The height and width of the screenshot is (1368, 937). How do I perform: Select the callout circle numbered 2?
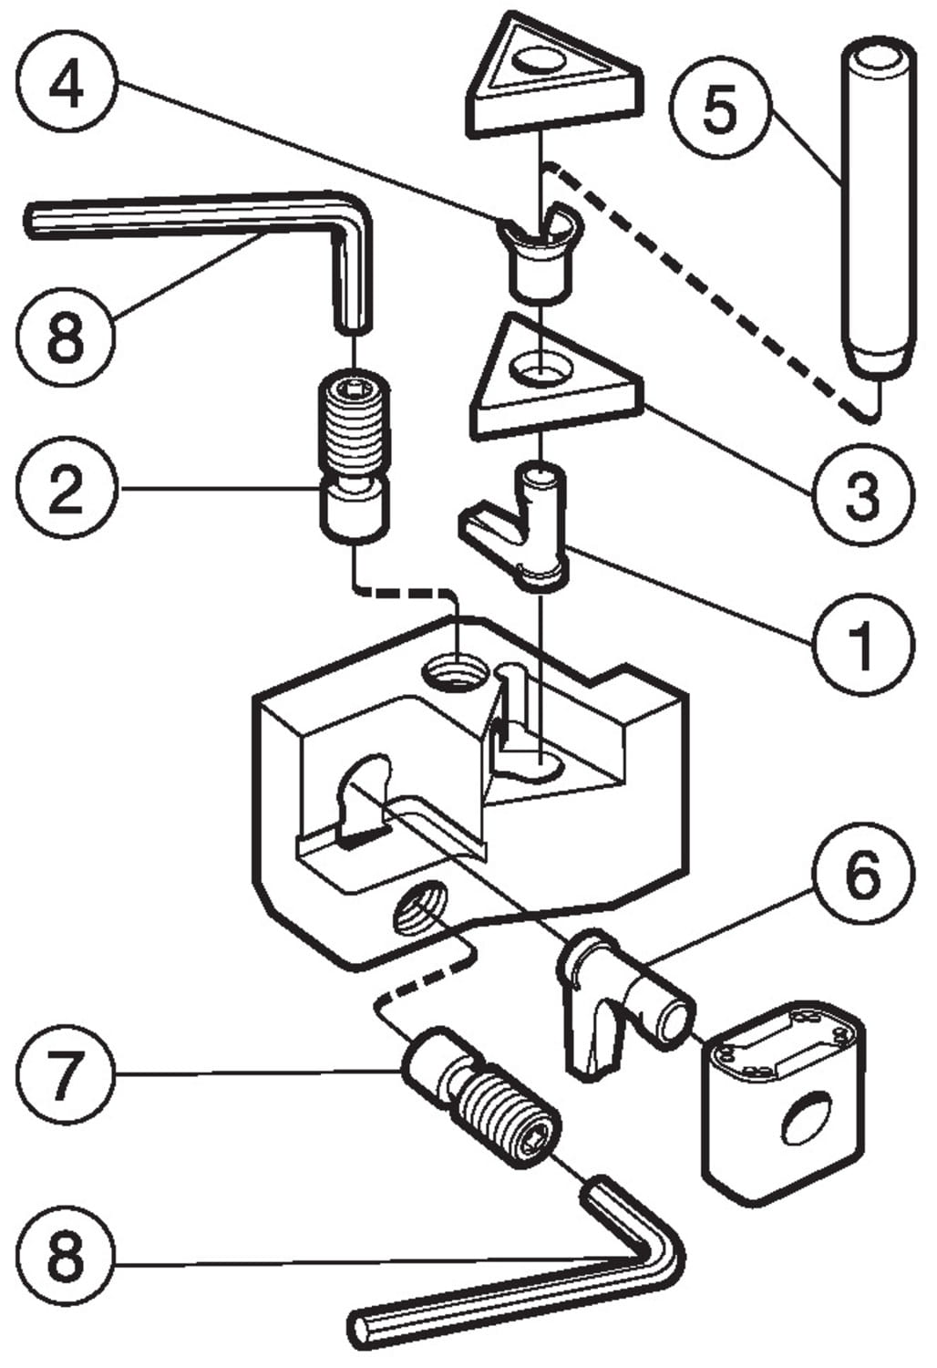[x=66, y=490]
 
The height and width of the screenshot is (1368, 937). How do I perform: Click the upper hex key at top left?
[x=228, y=219]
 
